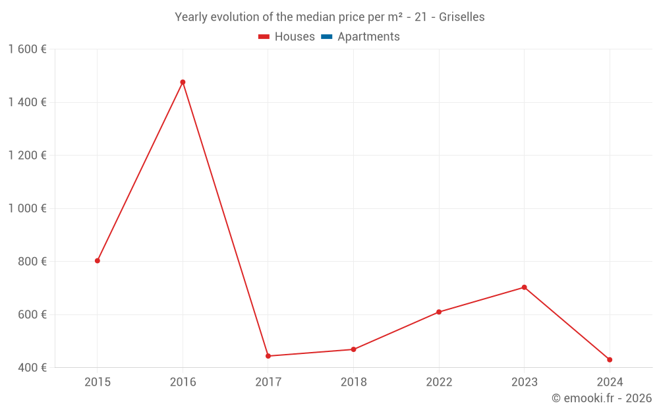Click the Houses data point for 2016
[x=183, y=82]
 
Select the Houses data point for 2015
[x=98, y=261]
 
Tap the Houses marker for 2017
[x=268, y=356]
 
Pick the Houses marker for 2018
[x=353, y=349]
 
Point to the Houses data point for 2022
[x=439, y=312]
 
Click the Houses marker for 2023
[x=524, y=287]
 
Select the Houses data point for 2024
[x=610, y=360]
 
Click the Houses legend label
[x=295, y=37]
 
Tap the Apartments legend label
[x=368, y=37]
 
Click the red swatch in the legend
[x=264, y=37]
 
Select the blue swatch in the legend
[x=326, y=37]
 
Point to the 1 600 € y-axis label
[x=27, y=49]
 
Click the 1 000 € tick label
[x=27, y=208]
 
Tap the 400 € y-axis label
[x=31, y=367]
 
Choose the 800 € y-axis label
[x=31, y=262]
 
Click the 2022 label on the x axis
[x=439, y=382]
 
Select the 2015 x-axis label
[x=98, y=382]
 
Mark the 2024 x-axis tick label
[x=610, y=382]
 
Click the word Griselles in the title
[x=461, y=17]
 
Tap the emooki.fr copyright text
[x=602, y=398]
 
